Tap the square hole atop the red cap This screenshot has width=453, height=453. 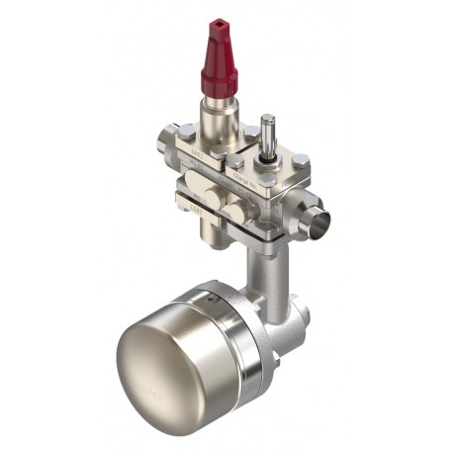click(216, 21)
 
